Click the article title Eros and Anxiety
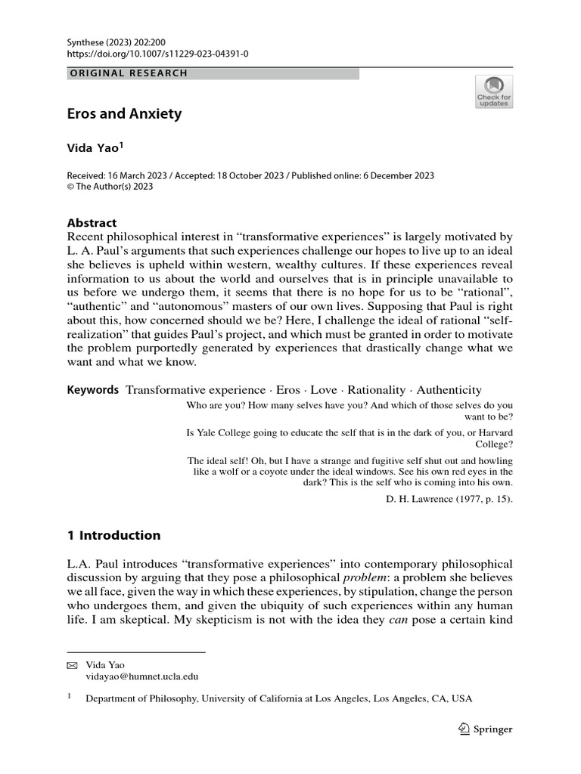pyautogui.click(x=125, y=114)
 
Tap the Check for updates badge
pyautogui.click(x=493, y=91)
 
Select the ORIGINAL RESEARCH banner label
pyautogui.click(x=128, y=73)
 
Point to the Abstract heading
pyautogui.click(x=92, y=223)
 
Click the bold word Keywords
pyautogui.click(x=93, y=390)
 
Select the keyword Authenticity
pyautogui.click(x=449, y=390)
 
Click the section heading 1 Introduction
pyautogui.click(x=113, y=535)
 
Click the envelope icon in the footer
pyautogui.click(x=72, y=665)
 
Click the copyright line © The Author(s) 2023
pyautogui.click(x=110, y=187)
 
